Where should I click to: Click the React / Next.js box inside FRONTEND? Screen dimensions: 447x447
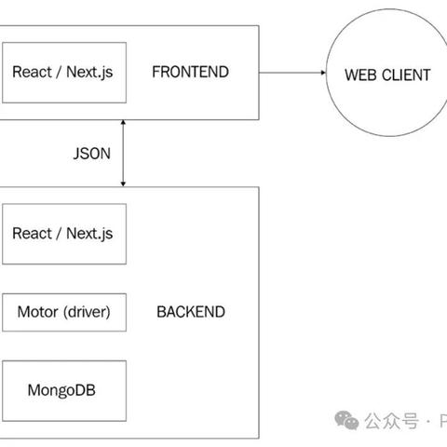point(62,72)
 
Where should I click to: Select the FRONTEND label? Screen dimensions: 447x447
point(191,72)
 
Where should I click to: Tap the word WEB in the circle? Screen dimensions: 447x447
point(362,74)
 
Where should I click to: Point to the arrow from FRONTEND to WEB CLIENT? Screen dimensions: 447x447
point(288,72)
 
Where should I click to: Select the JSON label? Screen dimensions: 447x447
point(90,153)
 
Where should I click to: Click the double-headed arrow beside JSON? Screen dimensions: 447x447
point(124,153)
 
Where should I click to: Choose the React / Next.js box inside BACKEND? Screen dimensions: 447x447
point(62,233)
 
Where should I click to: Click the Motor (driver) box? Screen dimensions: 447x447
point(63,312)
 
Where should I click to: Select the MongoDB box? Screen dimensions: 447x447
point(62,390)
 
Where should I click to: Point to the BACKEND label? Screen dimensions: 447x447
point(190,312)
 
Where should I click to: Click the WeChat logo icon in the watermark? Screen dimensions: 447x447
point(348,421)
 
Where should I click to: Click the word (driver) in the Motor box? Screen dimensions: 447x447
point(86,312)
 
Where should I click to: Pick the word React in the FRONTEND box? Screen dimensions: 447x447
point(33,72)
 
